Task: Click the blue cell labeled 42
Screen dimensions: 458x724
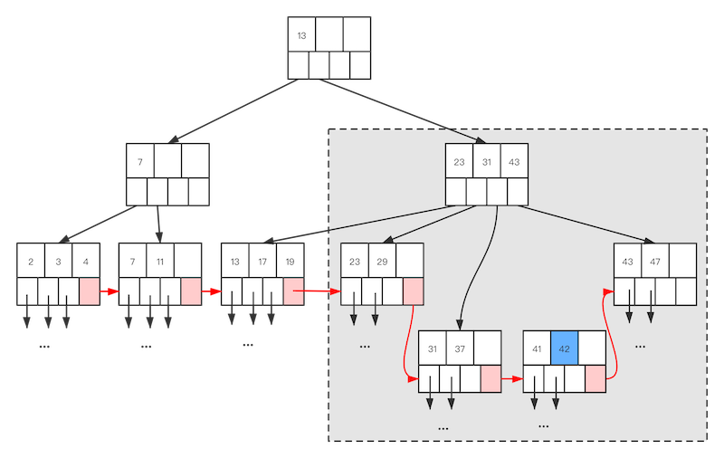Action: click(565, 348)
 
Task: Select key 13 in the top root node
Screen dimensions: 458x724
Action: click(301, 35)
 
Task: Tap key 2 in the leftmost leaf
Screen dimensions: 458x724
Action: click(31, 262)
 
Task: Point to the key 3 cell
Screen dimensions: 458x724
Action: click(59, 262)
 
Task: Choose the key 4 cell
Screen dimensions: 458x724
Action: click(86, 262)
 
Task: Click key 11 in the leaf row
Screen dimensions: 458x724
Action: click(161, 262)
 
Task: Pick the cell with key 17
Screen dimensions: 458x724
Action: click(262, 262)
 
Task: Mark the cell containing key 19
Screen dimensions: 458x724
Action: click(290, 262)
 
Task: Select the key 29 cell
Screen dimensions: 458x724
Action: click(382, 262)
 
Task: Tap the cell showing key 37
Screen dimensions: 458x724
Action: click(460, 348)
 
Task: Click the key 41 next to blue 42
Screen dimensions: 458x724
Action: click(538, 348)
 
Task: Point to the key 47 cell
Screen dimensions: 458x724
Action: click(655, 262)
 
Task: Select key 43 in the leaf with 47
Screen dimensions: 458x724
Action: click(627, 262)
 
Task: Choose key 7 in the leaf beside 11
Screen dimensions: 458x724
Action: click(133, 262)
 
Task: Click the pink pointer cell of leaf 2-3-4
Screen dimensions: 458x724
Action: click(89, 291)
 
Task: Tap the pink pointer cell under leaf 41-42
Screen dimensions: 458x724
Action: click(595, 378)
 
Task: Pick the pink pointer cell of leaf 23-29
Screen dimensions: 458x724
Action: click(413, 291)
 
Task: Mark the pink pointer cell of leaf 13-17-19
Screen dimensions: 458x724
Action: click(292, 291)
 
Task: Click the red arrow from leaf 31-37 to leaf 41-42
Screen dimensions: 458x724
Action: click(511, 378)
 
